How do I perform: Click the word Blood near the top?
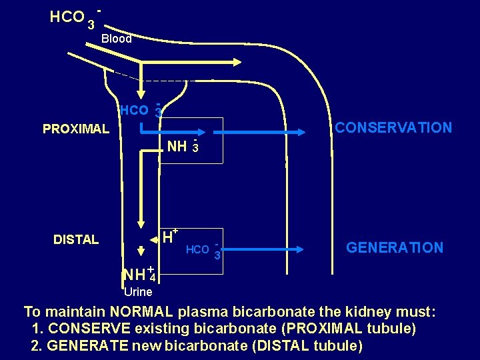(117, 39)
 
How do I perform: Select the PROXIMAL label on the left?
(76, 129)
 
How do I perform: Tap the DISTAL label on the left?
(76, 239)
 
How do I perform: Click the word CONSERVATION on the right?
(393, 127)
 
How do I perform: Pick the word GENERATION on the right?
(395, 248)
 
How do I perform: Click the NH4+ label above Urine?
(139, 274)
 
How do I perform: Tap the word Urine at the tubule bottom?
(138, 292)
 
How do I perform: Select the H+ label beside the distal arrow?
(169, 236)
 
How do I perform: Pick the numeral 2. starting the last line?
(37, 346)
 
